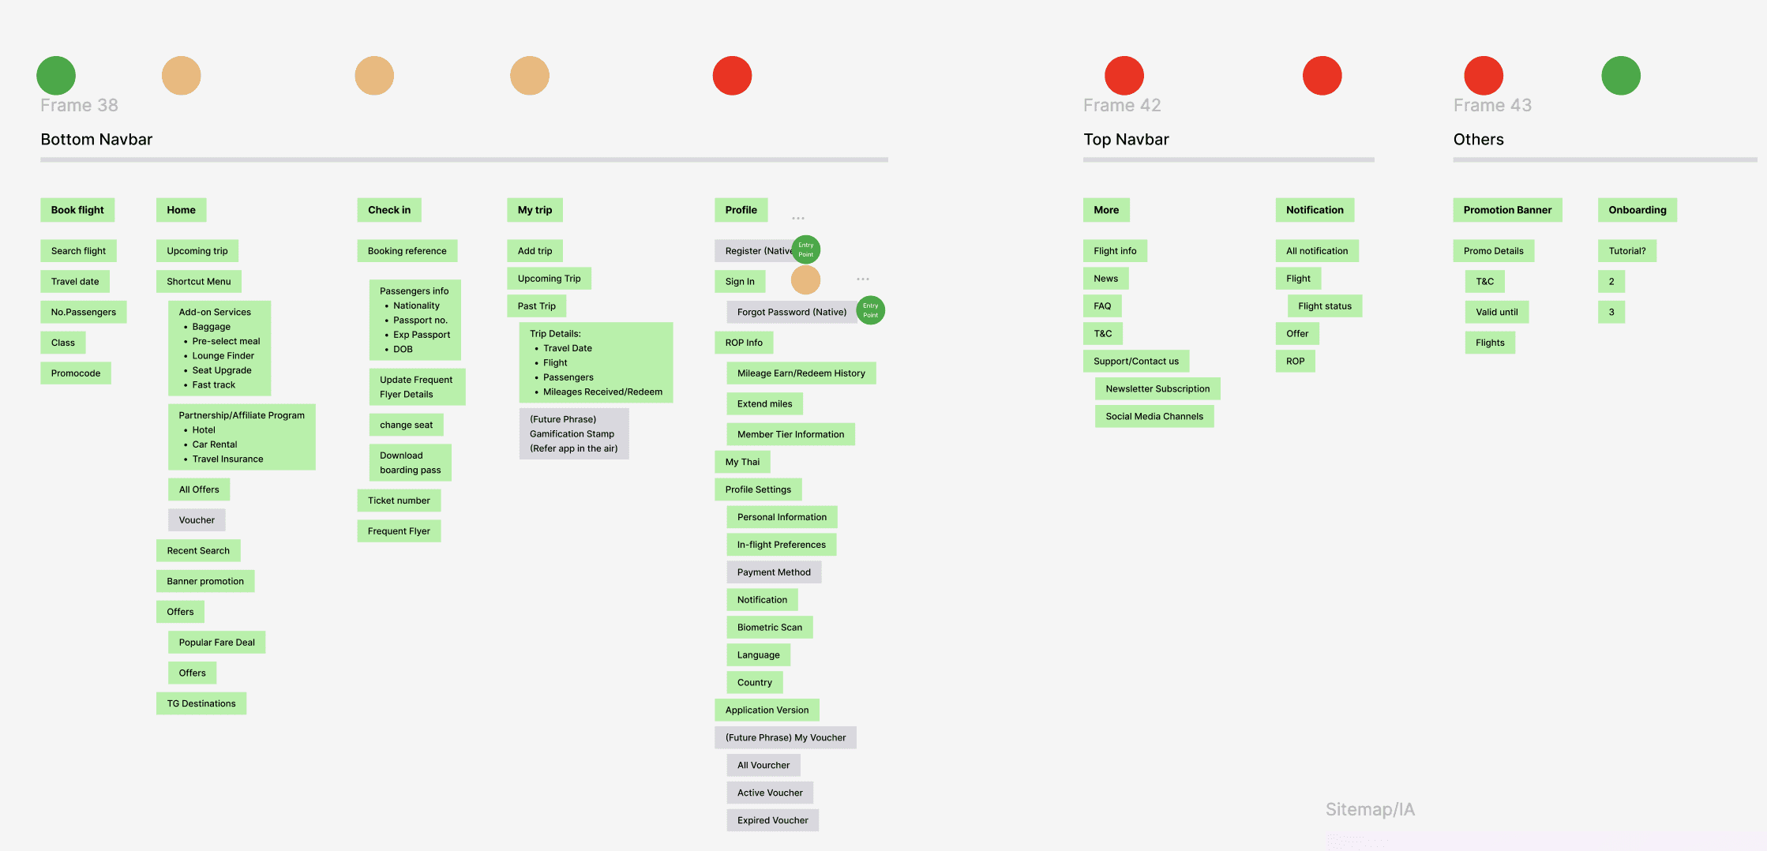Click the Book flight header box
(x=77, y=210)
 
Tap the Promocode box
(x=76, y=373)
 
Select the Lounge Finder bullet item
(x=223, y=356)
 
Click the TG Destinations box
(x=201, y=703)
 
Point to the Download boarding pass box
(x=410, y=463)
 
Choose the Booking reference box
(x=407, y=251)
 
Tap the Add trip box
(x=535, y=251)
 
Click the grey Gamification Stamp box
(x=573, y=434)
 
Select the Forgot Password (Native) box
(x=791, y=312)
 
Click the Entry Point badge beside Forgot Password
(x=870, y=310)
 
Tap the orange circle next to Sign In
(x=805, y=279)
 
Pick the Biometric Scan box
(x=769, y=628)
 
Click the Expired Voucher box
(x=772, y=820)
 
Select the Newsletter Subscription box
(x=1157, y=388)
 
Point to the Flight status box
(x=1324, y=306)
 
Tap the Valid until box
(x=1496, y=312)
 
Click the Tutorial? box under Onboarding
(x=1626, y=251)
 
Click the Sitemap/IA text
(x=1370, y=809)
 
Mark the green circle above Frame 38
(x=56, y=76)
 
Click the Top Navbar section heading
(x=1126, y=140)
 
